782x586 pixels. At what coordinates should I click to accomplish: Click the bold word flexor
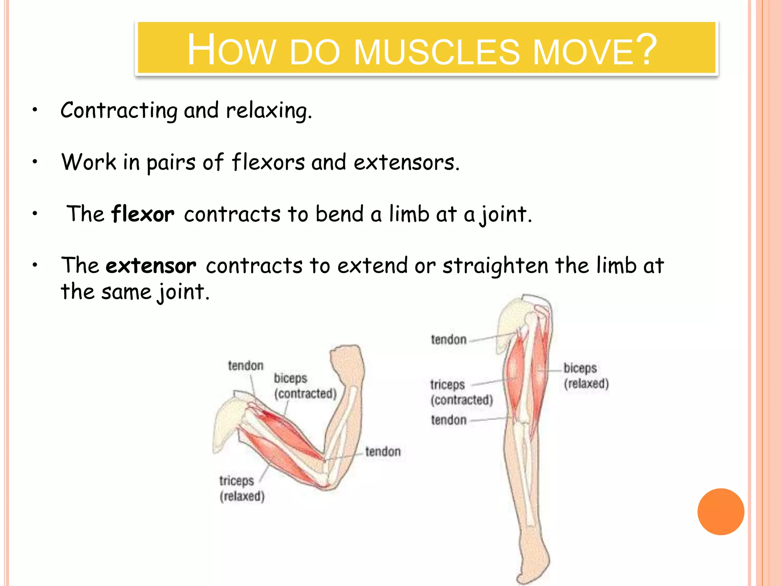tap(143, 214)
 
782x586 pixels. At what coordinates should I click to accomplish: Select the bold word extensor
tap(151, 266)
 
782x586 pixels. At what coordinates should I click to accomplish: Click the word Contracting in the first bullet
tap(119, 111)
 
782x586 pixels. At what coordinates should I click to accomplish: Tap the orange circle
tap(721, 512)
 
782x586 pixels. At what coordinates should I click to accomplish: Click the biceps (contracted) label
tap(305, 386)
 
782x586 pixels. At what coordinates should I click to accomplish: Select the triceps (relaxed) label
tap(242, 488)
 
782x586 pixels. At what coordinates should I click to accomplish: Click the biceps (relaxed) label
tap(586, 376)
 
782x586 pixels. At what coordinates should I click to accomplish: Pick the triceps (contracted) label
tap(461, 392)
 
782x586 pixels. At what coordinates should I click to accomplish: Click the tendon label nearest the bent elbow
tap(383, 452)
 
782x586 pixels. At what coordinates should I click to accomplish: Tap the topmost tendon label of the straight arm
tap(449, 340)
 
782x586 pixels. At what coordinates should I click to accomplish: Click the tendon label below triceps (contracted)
tap(449, 420)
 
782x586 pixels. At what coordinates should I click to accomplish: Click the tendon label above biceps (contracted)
tap(246, 365)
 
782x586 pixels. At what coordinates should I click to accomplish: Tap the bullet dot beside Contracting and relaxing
tap(35, 110)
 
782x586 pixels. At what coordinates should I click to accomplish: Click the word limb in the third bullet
tap(409, 214)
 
